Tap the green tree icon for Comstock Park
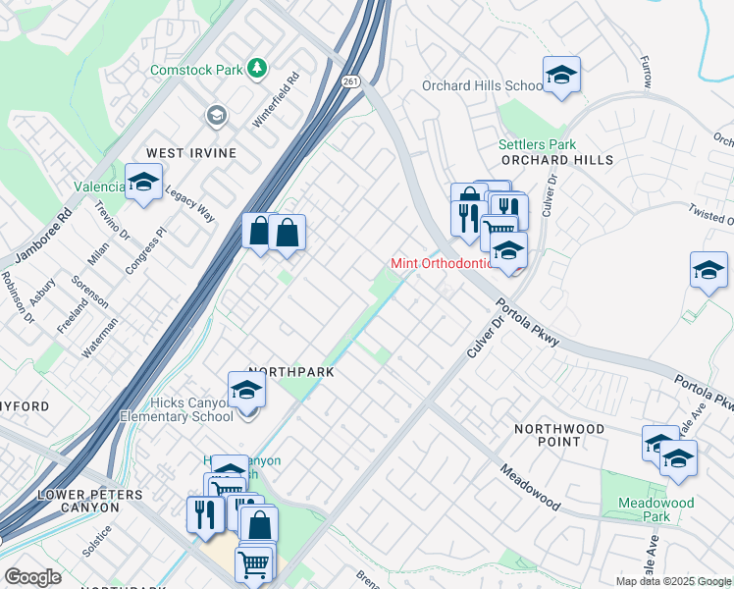(x=257, y=68)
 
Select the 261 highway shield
(x=350, y=83)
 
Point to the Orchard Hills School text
(x=482, y=85)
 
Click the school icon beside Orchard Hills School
(x=561, y=75)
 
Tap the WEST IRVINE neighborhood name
(x=192, y=153)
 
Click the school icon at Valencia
(x=143, y=183)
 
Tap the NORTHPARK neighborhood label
(x=291, y=372)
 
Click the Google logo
(x=32, y=576)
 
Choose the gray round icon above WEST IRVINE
(x=215, y=117)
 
